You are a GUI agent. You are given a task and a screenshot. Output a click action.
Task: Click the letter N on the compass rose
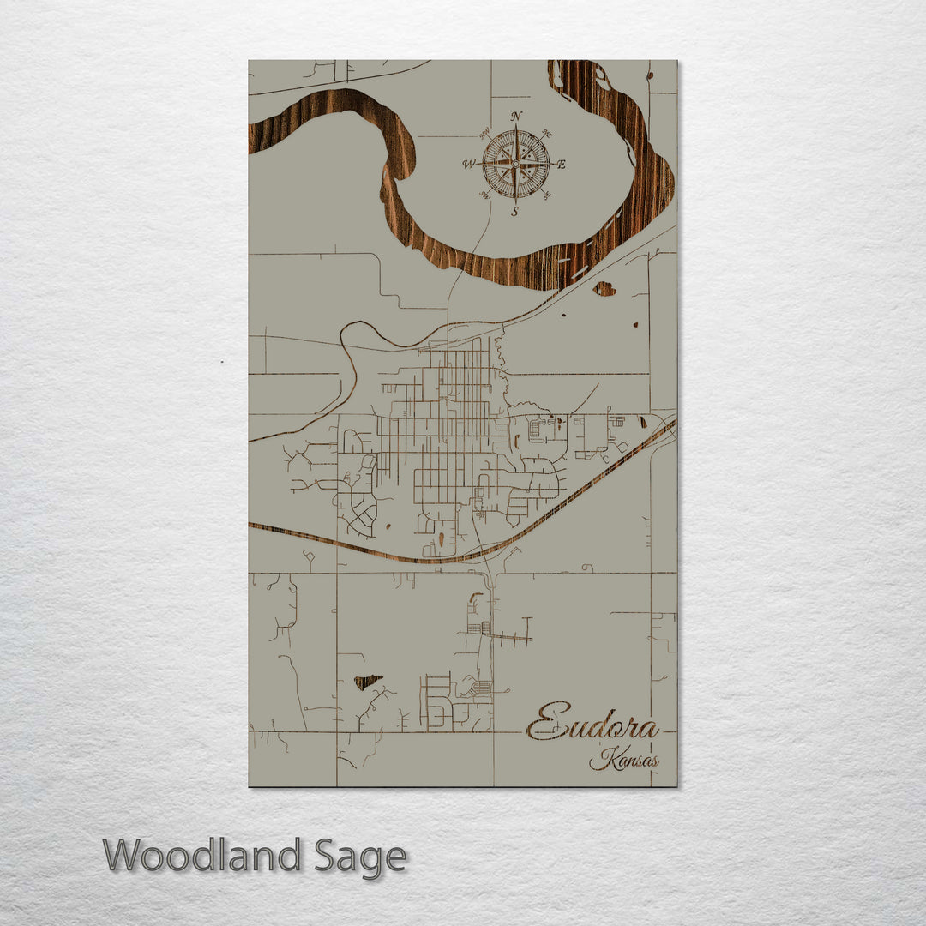515,117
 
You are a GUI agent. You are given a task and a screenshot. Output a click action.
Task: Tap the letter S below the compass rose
514,211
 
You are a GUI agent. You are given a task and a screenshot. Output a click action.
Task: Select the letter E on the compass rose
562,165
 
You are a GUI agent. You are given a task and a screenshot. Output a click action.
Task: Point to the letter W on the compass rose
468,164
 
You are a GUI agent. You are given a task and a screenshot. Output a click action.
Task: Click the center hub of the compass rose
515,163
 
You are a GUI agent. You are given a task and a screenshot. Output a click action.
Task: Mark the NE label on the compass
547,134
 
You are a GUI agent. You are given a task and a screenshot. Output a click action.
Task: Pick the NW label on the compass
484,133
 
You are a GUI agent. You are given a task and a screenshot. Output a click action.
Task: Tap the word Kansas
624,759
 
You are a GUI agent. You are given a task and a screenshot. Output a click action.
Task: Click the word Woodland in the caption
201,856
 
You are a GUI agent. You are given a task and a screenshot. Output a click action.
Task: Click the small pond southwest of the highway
368,682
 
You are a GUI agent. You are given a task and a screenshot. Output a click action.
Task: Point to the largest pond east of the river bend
604,289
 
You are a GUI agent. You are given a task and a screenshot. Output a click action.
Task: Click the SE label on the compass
547,195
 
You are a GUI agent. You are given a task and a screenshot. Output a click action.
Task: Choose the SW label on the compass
484,195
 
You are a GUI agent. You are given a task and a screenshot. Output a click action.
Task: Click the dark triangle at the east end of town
643,421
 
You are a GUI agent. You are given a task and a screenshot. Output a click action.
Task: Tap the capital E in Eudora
549,723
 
